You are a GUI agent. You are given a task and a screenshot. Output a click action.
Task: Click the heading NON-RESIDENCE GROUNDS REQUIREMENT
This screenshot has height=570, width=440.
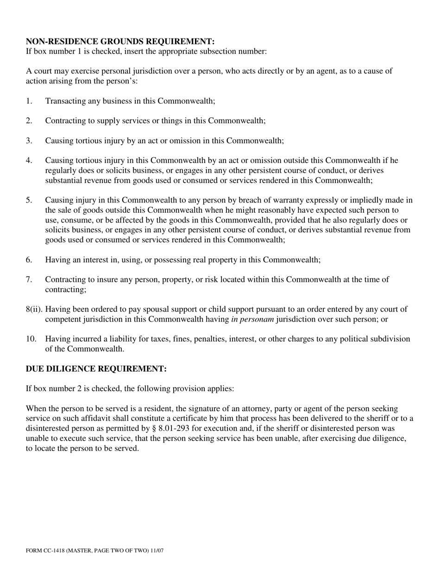[x=120, y=42]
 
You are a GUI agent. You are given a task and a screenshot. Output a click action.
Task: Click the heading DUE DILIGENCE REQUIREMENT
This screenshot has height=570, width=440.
[x=96, y=369]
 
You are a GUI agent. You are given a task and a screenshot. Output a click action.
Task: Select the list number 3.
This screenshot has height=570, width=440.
[x=29, y=140]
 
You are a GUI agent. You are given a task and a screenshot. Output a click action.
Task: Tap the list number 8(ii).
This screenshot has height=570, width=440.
[x=34, y=309]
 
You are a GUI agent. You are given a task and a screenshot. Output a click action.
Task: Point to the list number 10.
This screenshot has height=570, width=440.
[x=31, y=339]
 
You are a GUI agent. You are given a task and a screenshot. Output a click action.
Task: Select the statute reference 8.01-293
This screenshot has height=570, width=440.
[x=174, y=429]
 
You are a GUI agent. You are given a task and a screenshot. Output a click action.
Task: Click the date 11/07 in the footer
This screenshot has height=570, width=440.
[x=157, y=551]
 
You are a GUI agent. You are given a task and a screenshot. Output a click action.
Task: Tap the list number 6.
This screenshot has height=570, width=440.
[x=29, y=260]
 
